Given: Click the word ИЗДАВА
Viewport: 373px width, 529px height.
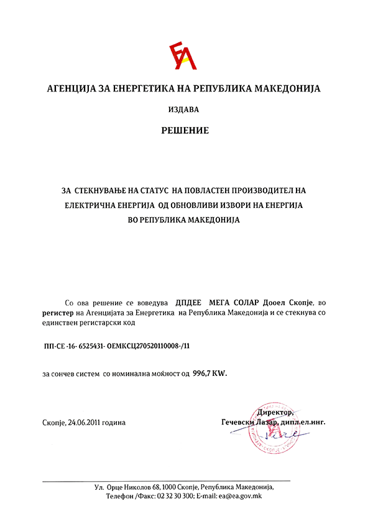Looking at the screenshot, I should (x=184, y=110).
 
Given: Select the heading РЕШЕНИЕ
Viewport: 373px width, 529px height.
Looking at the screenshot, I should (x=185, y=131).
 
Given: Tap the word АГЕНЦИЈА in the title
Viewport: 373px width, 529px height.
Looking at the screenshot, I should (x=72, y=88).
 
